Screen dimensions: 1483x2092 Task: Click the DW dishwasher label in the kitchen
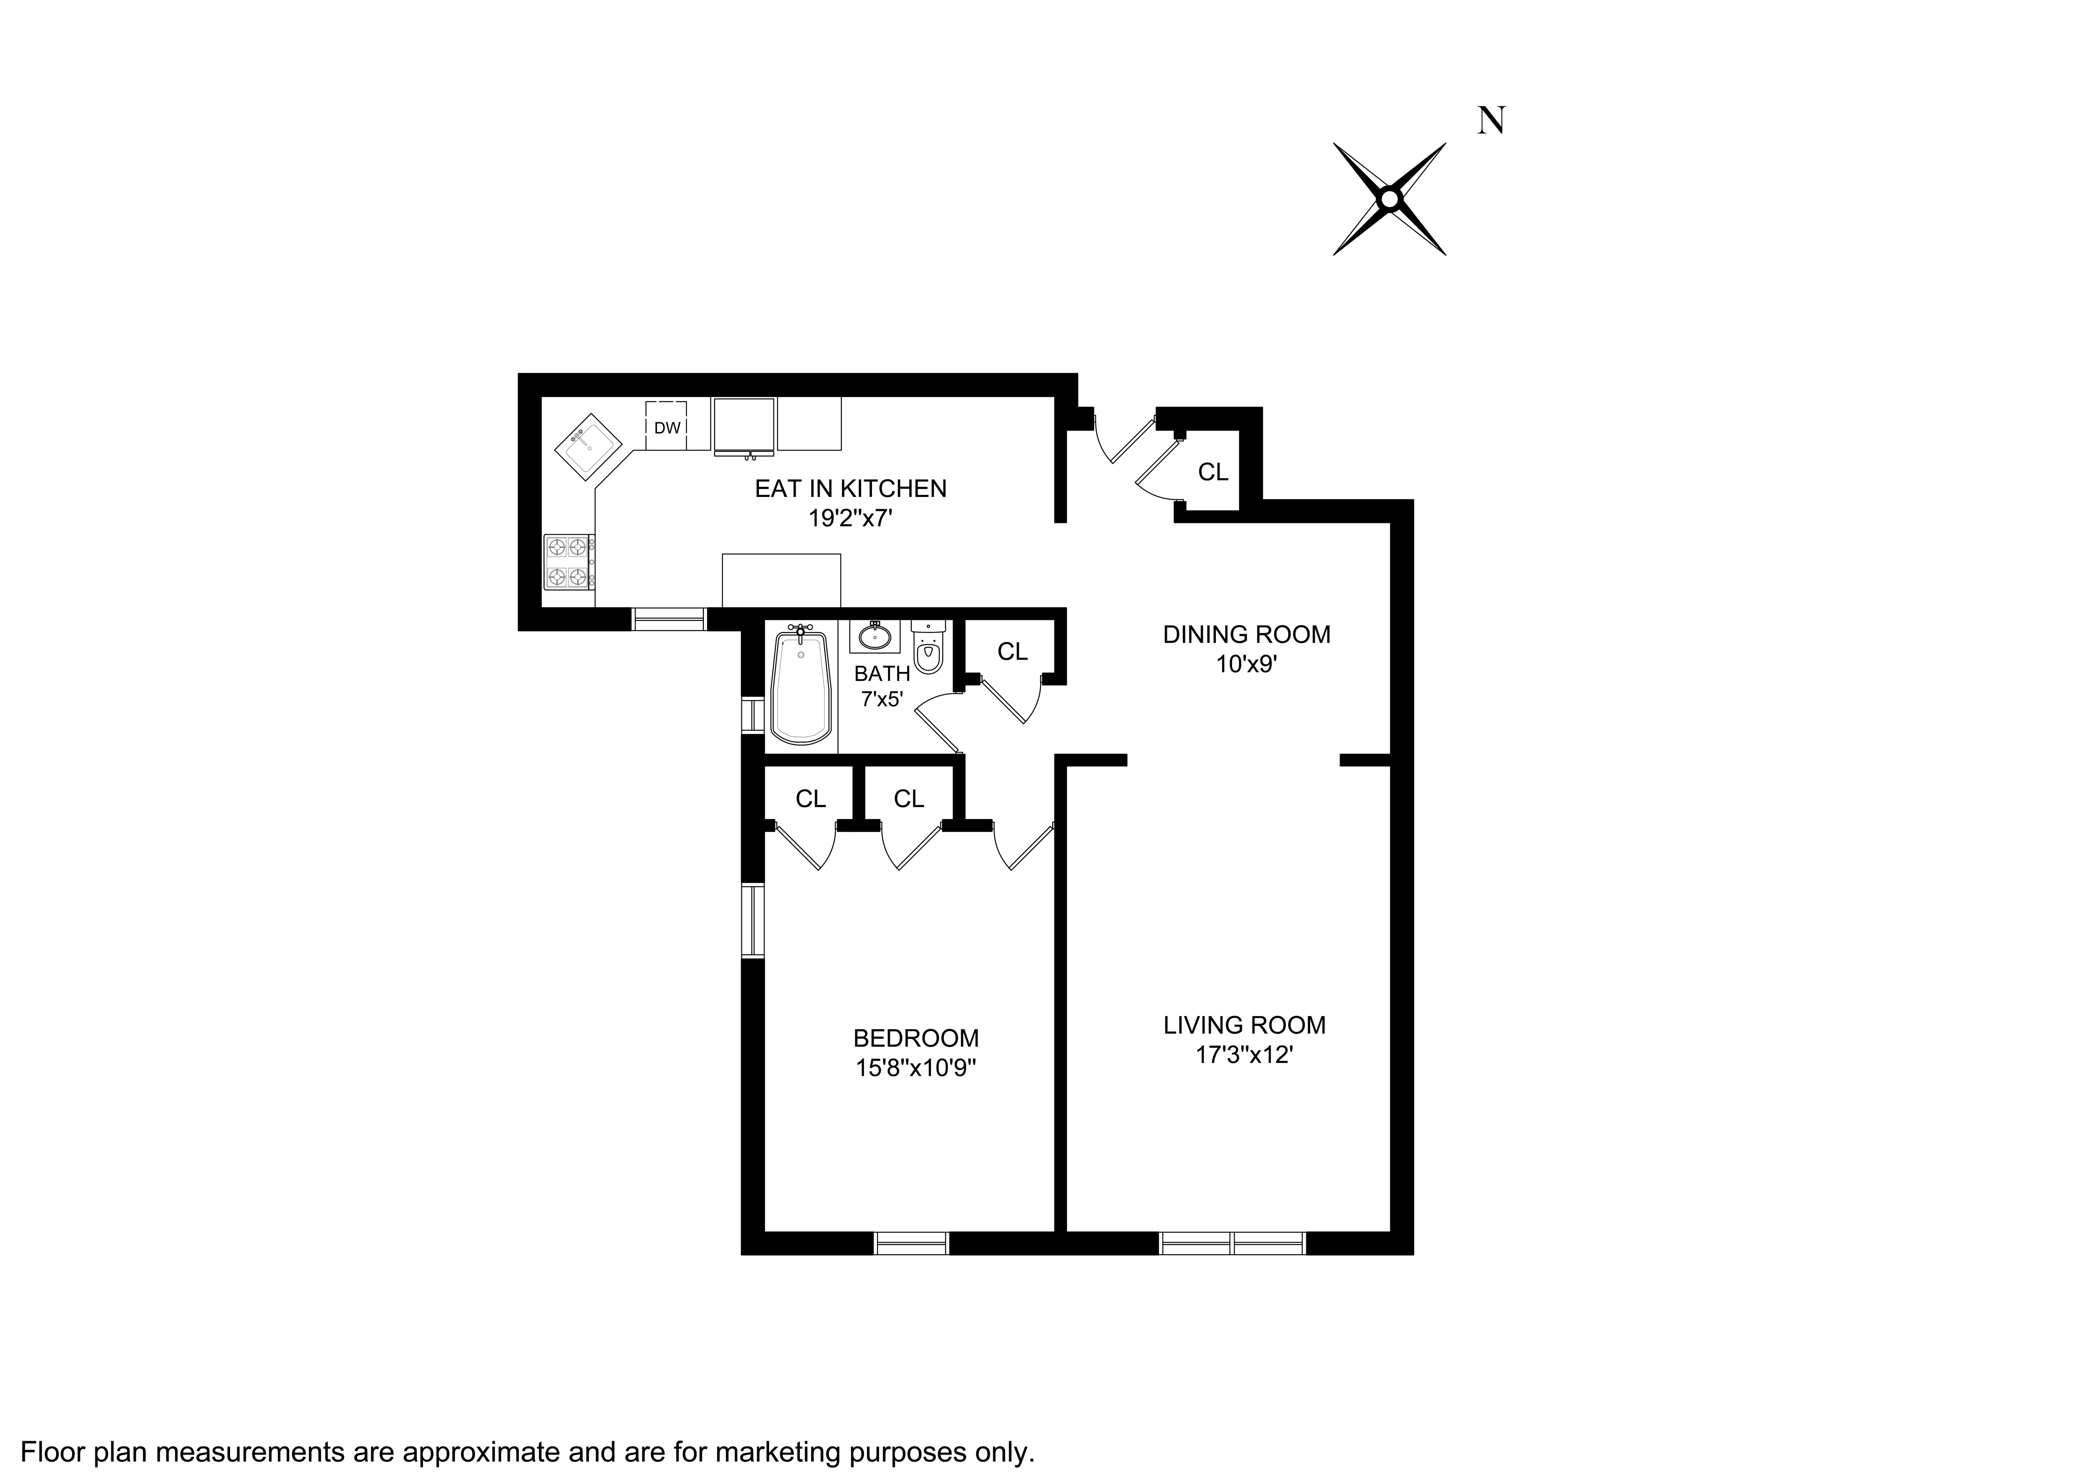[x=667, y=428]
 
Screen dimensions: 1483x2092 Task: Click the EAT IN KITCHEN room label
[x=850, y=489]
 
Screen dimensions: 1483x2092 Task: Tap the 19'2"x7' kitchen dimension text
[x=850, y=519]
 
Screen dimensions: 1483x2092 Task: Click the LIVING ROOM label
[x=1244, y=1025]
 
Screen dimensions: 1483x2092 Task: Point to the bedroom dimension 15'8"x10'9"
[x=916, y=1068]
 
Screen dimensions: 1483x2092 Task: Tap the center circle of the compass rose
[x=1389, y=198]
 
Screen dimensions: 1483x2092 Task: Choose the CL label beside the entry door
[x=1213, y=472]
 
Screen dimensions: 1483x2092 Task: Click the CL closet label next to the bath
[x=1012, y=651]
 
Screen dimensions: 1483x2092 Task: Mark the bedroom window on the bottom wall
[x=911, y=1243]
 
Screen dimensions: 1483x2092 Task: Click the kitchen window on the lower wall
[x=669, y=619]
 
